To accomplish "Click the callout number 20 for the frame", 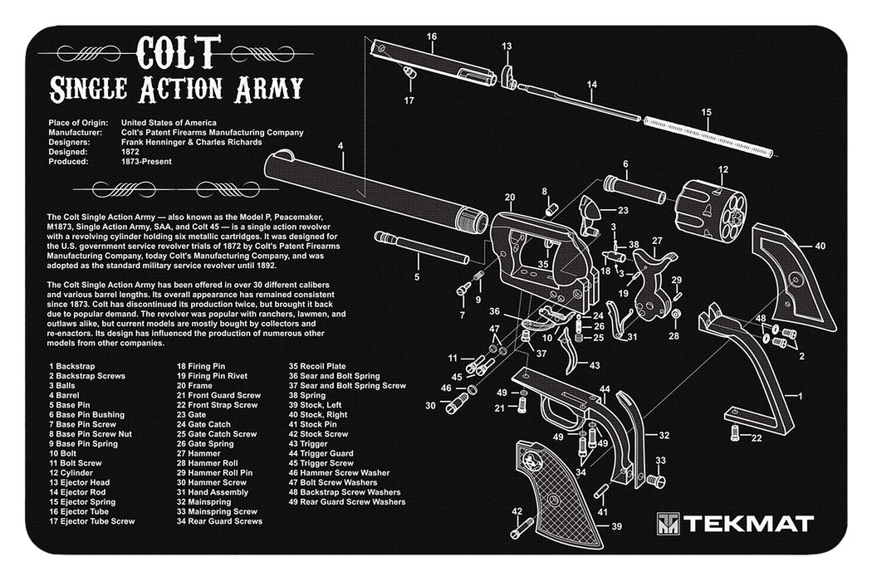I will coord(509,197).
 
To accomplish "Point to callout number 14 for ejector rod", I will coord(591,85).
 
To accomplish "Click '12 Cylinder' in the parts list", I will coord(72,472).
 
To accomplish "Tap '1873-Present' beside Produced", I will coord(147,162).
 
